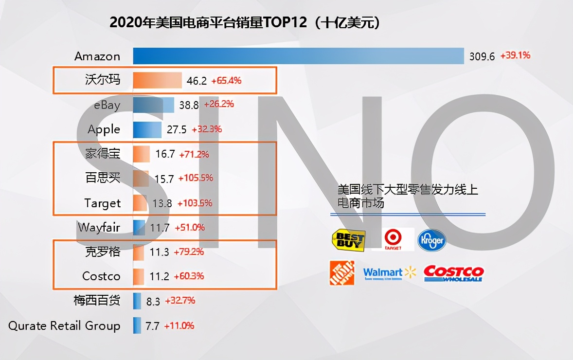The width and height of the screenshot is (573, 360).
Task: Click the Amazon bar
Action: point(298,56)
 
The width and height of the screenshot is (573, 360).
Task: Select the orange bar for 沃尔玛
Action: point(157,80)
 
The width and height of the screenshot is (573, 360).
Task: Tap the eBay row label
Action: point(107,105)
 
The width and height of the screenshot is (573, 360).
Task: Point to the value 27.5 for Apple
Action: point(177,130)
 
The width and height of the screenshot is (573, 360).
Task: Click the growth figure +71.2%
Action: point(194,154)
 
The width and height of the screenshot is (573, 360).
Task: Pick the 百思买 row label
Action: point(103,178)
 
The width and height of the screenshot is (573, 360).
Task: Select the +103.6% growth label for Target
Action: point(195,203)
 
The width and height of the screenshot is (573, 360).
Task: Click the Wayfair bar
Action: point(139,227)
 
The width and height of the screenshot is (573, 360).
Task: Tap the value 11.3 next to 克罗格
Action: point(159,252)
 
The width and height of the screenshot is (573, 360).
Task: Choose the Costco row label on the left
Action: point(101,276)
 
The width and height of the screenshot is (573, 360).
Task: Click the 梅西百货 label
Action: point(96,301)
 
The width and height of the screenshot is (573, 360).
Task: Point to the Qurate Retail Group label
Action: point(64,325)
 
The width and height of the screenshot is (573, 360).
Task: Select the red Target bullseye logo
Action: point(392,239)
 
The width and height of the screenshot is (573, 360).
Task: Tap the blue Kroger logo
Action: point(431,240)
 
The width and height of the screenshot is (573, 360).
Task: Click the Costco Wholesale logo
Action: point(453,273)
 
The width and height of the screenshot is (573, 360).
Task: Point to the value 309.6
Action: point(482,56)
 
